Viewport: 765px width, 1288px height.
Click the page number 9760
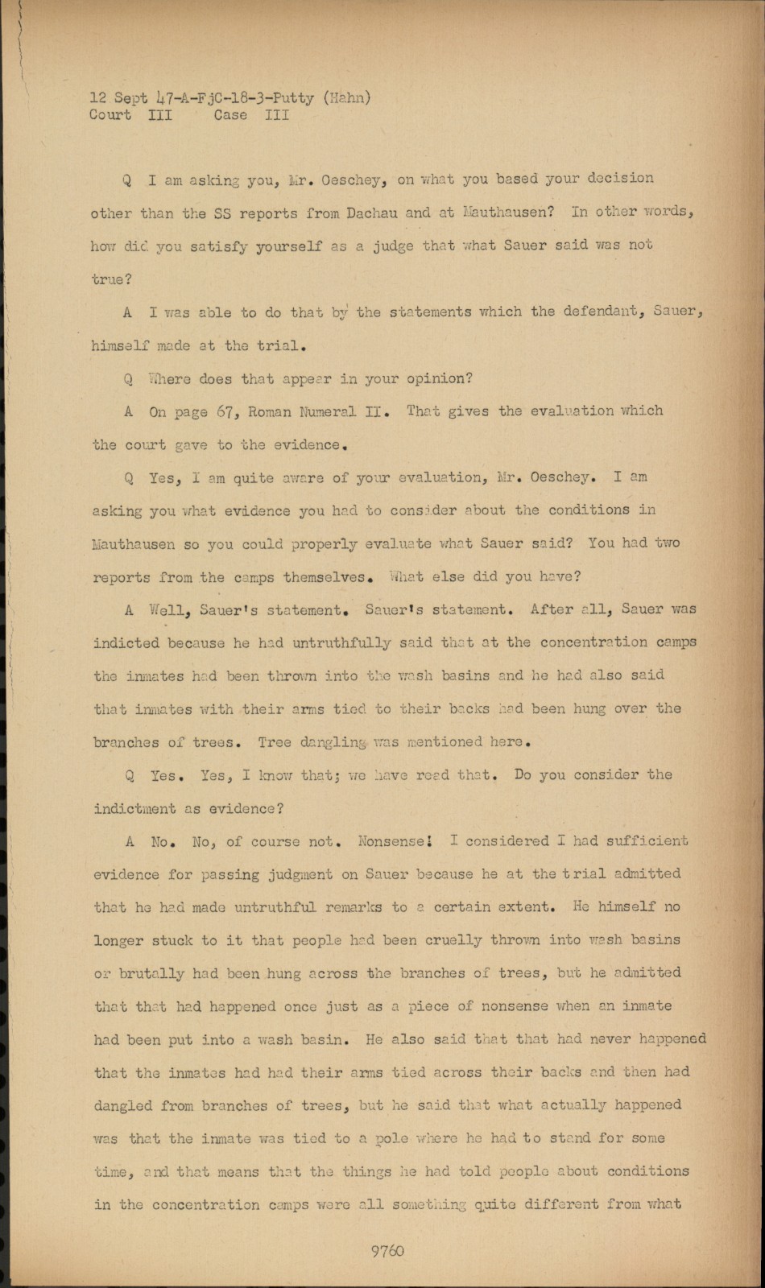(387, 1250)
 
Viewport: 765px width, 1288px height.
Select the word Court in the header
(110, 115)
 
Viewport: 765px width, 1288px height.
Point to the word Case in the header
(230, 115)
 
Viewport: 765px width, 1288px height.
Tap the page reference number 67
(225, 411)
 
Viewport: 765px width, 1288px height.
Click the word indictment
(134, 808)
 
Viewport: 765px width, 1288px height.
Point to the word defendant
(586, 312)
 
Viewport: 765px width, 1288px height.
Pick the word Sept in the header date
(131, 98)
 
